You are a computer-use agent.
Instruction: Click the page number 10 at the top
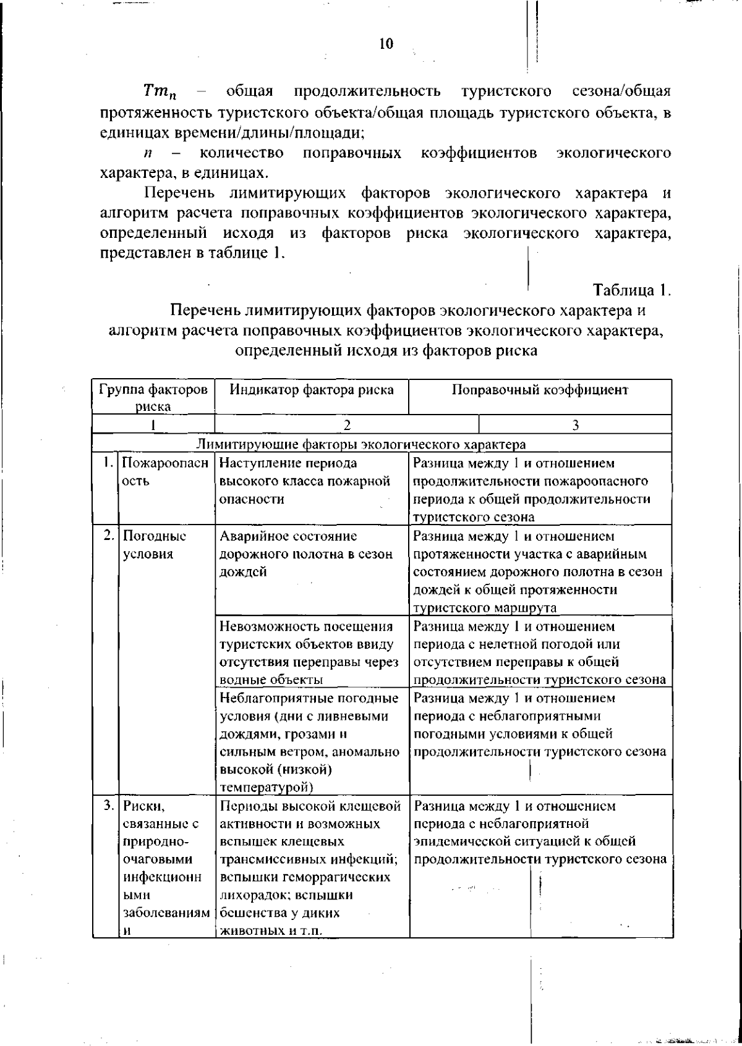tap(386, 44)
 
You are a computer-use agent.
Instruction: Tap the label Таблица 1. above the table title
tap(631, 289)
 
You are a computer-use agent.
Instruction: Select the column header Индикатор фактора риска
tap(312, 390)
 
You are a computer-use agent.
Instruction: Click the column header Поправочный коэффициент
tap(540, 390)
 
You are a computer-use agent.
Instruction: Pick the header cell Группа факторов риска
tap(153, 397)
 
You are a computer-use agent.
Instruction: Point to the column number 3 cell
tap(575, 424)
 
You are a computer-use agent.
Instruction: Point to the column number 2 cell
tap(347, 424)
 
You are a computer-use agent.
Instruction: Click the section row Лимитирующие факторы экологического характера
tap(360, 444)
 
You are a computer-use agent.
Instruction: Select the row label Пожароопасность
tap(164, 472)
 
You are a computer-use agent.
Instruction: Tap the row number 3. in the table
tap(108, 805)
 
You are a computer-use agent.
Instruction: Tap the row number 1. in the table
tap(108, 463)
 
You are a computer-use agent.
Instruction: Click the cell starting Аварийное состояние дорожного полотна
tap(306, 554)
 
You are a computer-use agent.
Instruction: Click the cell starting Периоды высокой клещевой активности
tap(309, 867)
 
